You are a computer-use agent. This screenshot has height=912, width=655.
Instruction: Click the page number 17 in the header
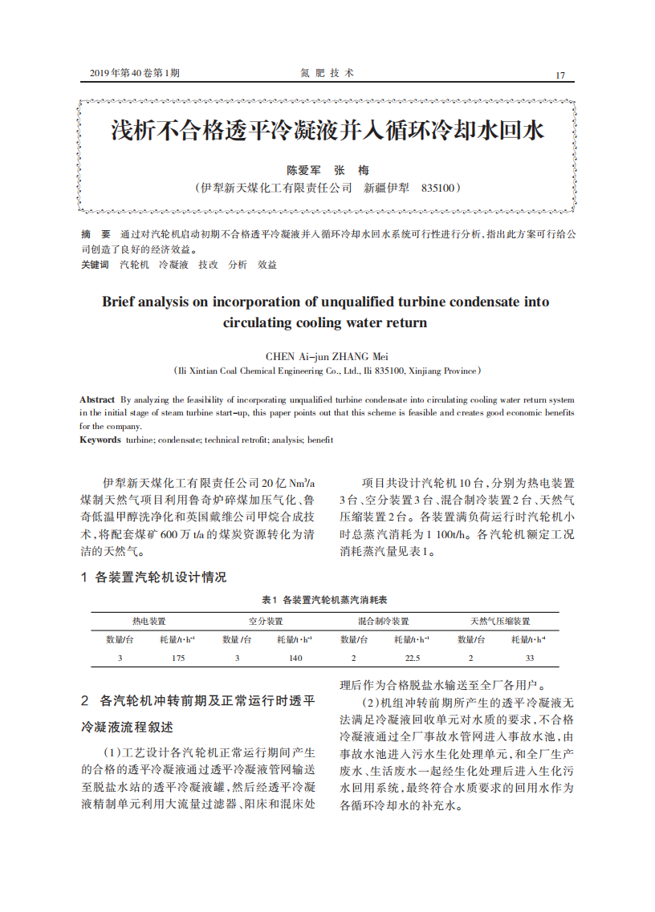pos(560,75)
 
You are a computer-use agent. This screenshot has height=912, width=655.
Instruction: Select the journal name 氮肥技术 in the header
pos(327,73)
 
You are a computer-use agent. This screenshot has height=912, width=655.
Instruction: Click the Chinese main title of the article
pos(327,131)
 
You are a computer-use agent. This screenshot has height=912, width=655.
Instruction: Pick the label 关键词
pos(94,264)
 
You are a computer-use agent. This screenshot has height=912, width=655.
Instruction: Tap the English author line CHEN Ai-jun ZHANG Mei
pos(327,356)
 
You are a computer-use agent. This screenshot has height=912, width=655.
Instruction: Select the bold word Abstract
pos(96,399)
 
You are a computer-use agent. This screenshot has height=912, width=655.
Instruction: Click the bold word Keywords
pos(100,440)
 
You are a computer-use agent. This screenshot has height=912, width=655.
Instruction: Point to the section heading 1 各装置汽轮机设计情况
pos(153,577)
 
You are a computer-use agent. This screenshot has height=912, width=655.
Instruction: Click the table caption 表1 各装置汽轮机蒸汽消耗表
pos(325,600)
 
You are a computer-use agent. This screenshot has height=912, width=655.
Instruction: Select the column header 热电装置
pos(148,621)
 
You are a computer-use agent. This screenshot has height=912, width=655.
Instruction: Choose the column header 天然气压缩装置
pos(500,621)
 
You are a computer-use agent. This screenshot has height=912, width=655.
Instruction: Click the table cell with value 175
pos(178,658)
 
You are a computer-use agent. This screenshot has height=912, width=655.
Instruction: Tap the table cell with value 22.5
pos(412,658)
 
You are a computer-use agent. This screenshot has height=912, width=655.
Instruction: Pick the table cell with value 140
pos(295,658)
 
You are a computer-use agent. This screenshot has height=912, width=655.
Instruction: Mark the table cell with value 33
pos(529,658)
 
